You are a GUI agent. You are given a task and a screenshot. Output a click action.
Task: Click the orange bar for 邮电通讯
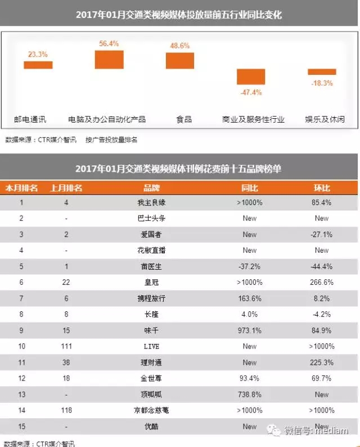[x=38, y=65]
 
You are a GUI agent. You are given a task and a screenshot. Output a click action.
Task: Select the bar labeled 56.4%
[x=109, y=60]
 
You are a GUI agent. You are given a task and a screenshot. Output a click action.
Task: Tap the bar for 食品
[x=180, y=61]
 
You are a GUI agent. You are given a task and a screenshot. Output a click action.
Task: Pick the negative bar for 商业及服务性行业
[x=250, y=77]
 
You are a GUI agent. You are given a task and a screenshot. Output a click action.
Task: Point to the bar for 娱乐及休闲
[x=322, y=72]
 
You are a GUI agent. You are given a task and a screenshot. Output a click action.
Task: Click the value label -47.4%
[x=250, y=92]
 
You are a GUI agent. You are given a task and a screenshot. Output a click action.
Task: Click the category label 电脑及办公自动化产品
[x=107, y=119]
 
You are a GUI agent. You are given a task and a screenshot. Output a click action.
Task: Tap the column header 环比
[x=322, y=188]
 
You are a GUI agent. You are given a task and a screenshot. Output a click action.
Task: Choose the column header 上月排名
[x=66, y=188]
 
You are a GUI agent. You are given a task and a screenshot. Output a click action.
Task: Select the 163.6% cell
[x=250, y=298]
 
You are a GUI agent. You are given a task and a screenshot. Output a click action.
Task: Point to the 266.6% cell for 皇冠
[x=322, y=283]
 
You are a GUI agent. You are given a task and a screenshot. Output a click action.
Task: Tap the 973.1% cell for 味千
[x=250, y=330]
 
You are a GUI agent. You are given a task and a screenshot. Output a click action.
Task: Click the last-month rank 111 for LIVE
[x=66, y=346]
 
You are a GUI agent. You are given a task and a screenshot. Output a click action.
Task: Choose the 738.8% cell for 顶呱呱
[x=250, y=395]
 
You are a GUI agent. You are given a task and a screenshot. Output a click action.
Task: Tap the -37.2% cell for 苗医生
[x=250, y=266]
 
